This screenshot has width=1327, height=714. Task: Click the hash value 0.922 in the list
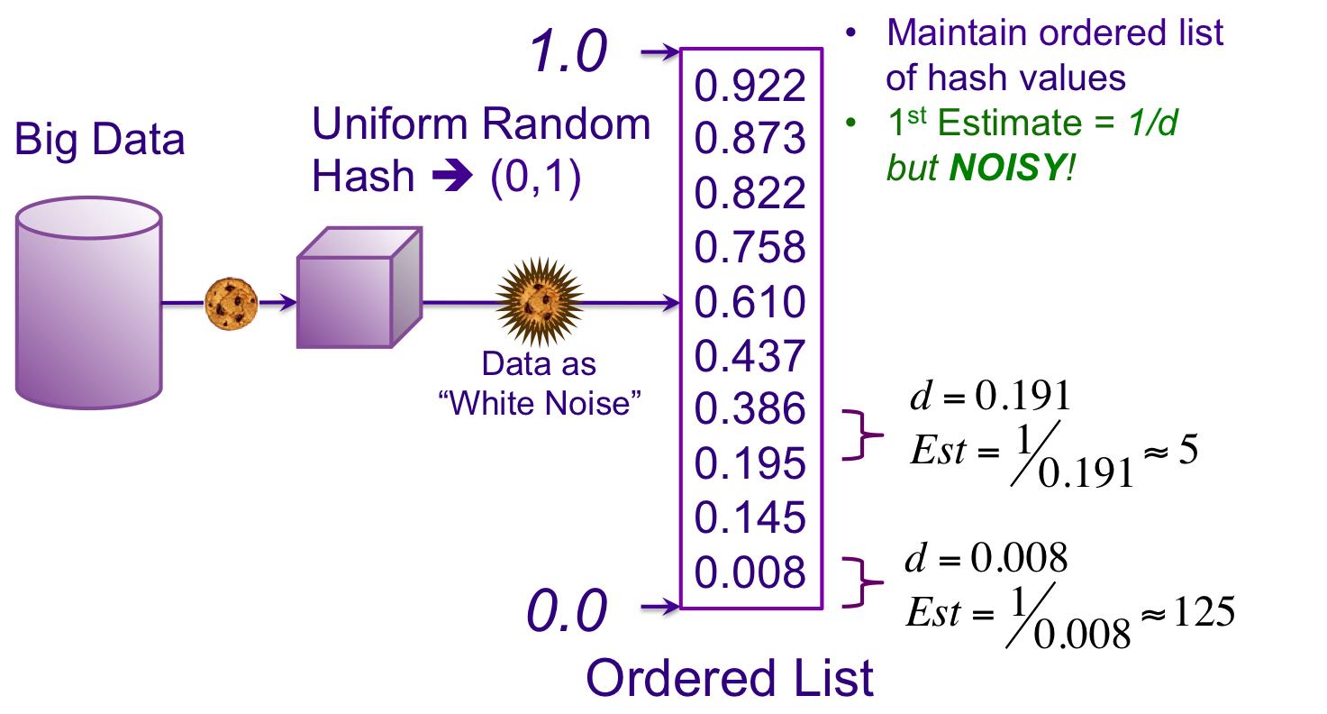tap(750, 86)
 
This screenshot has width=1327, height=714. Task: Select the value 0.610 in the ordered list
tap(750, 302)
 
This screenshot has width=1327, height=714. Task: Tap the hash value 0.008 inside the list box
tap(750, 572)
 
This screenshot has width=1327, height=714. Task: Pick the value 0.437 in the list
tap(750, 356)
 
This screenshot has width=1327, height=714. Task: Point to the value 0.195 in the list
tap(750, 463)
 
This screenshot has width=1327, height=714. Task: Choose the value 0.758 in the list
tap(750, 247)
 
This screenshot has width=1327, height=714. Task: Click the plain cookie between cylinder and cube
tap(231, 304)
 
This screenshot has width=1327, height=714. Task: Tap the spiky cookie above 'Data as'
tap(540, 302)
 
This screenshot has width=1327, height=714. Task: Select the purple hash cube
tap(359, 288)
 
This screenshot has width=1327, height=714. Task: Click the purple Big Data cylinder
tap(89, 303)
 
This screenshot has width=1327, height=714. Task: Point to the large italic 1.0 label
tap(568, 51)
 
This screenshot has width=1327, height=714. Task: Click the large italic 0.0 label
tap(567, 610)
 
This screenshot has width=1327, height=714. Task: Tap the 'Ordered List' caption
tap(730, 679)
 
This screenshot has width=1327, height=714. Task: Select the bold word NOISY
tap(1007, 168)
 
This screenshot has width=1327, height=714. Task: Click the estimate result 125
tap(1204, 611)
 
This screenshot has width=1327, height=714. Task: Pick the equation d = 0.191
tap(990, 396)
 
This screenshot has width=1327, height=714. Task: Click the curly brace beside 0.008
tap(862, 583)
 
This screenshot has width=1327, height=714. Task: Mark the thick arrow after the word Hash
tap(452, 175)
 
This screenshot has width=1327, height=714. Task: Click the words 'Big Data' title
tap(99, 140)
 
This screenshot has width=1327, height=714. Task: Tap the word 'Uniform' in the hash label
tap(390, 124)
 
